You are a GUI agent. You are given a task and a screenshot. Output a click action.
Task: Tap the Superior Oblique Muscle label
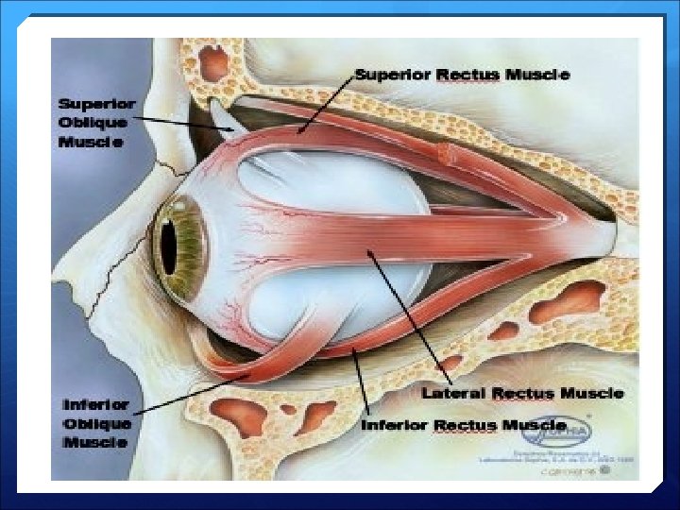[97, 122]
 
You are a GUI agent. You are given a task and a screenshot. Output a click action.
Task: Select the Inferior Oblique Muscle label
[96, 423]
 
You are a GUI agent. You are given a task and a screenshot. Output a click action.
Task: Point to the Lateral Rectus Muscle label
[522, 392]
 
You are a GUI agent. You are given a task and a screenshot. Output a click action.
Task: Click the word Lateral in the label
[453, 392]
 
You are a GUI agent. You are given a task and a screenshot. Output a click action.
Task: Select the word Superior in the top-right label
[391, 74]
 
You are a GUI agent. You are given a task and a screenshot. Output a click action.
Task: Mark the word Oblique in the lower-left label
[96, 423]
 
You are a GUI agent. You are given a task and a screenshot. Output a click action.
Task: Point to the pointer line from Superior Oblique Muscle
[185, 124]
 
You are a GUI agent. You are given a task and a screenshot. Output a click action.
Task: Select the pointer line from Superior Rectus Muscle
[326, 102]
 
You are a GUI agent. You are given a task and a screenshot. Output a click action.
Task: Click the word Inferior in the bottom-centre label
[395, 425]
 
